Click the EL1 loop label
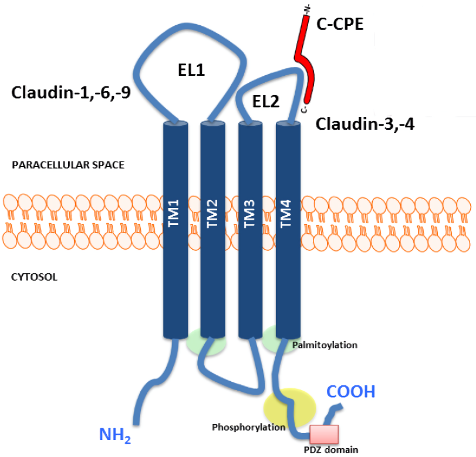[191, 71]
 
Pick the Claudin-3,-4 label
[365, 124]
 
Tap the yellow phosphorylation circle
[289, 408]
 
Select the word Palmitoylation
[325, 345]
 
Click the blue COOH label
[350, 392]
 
